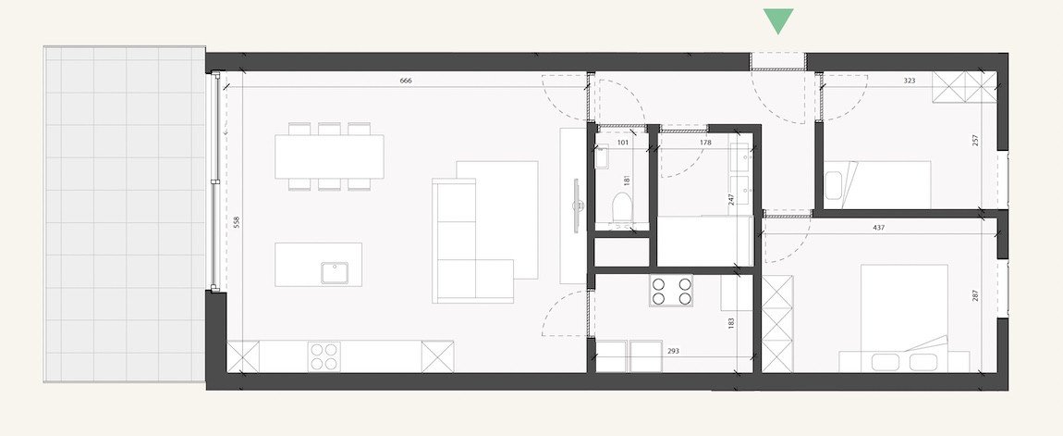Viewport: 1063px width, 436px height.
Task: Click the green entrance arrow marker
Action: click(x=778, y=20)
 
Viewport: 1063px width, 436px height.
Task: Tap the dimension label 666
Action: click(x=406, y=81)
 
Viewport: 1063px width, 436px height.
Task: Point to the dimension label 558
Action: click(x=237, y=222)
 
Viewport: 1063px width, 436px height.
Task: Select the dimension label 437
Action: click(x=879, y=228)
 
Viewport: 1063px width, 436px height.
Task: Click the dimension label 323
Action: click(x=910, y=81)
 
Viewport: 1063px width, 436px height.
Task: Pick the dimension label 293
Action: click(x=673, y=351)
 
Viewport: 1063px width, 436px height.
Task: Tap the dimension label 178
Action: click(x=705, y=143)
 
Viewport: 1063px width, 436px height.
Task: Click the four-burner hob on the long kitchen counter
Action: click(x=324, y=356)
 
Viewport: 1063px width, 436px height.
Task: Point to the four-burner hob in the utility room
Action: click(x=671, y=291)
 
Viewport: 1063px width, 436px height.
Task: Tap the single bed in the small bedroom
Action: click(x=877, y=185)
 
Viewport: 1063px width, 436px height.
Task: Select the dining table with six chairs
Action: click(x=329, y=156)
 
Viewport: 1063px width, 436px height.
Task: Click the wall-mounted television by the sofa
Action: click(x=577, y=206)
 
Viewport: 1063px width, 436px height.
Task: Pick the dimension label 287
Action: click(x=976, y=295)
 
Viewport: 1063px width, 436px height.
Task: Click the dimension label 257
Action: click(x=976, y=140)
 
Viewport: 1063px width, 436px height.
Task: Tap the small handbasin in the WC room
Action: click(x=601, y=157)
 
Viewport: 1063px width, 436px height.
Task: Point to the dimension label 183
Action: click(x=731, y=323)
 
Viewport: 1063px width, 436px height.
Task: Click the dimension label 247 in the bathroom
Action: click(x=731, y=200)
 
